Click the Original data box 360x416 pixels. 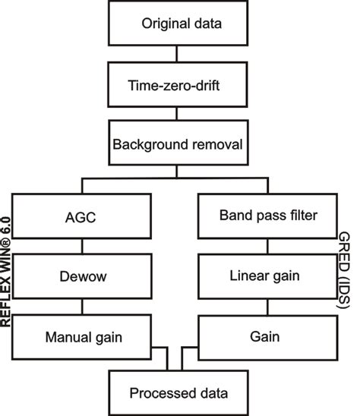coord(182,24)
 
